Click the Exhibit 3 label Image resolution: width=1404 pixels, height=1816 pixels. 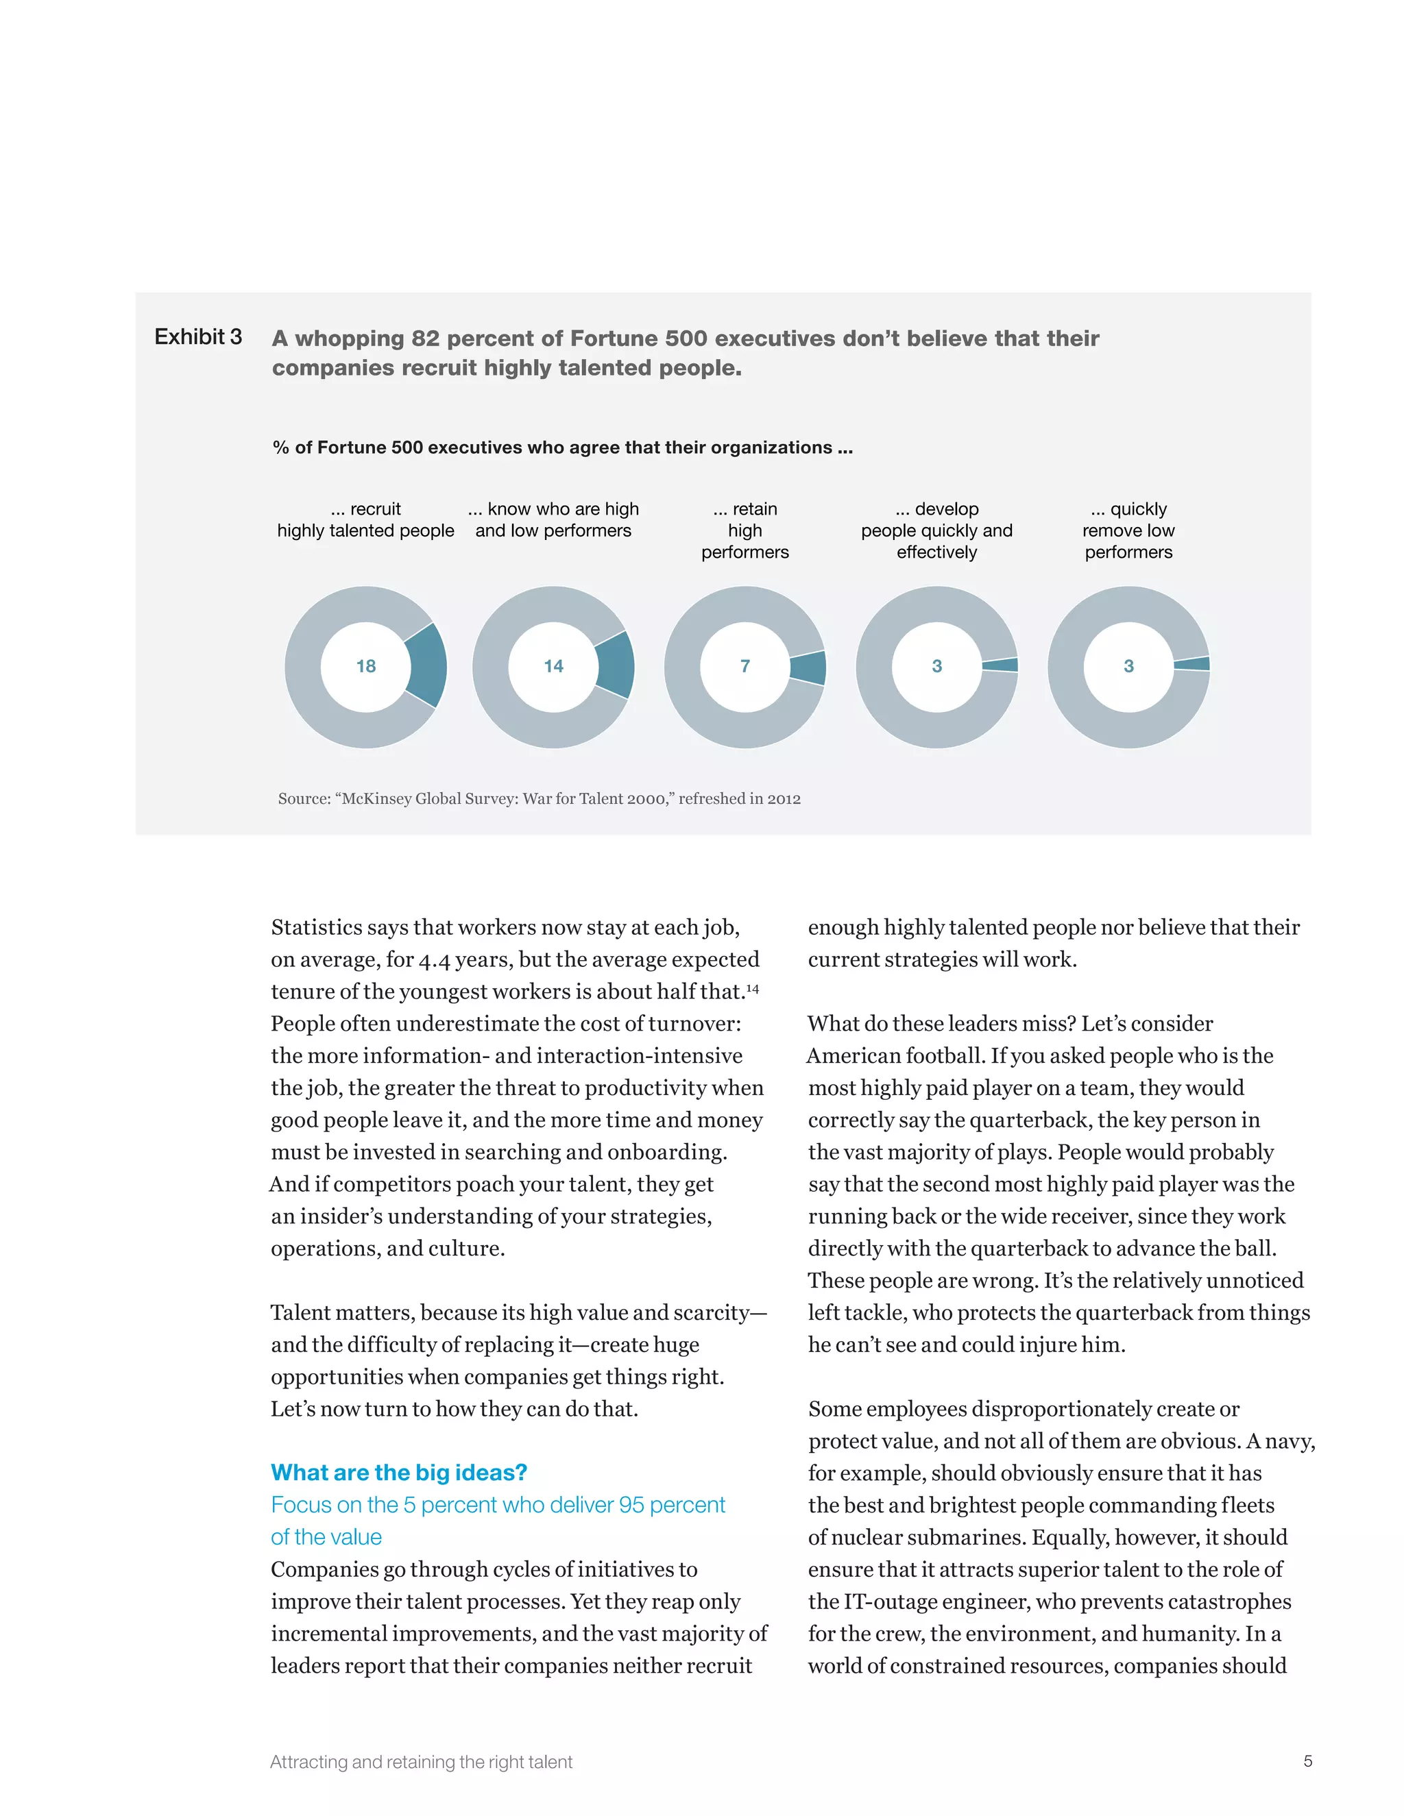tap(198, 336)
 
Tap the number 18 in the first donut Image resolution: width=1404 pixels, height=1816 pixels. tap(366, 666)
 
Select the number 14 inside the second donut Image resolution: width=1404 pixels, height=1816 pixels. tap(553, 666)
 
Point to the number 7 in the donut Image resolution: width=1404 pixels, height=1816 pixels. tap(745, 666)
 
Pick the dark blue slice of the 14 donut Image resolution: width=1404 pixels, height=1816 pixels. tap(616, 665)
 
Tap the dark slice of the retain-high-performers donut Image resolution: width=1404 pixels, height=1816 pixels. tap(808, 667)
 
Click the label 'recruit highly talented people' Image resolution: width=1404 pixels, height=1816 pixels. tap(366, 519)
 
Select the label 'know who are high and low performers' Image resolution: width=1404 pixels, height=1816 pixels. tap(553, 519)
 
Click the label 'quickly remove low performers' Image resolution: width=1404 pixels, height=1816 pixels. tap(1128, 530)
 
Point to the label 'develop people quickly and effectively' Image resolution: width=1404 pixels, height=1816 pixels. tap(936, 530)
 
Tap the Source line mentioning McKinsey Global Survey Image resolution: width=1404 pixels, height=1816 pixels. tap(539, 799)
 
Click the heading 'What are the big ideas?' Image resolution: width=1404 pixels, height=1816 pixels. tap(398, 1473)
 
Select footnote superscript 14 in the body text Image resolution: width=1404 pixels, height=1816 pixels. tap(752, 989)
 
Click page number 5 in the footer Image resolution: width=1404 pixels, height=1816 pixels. tap(1307, 1761)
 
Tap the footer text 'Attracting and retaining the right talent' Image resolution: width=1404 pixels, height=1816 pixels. tap(421, 1762)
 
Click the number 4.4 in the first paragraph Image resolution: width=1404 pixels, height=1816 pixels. tap(436, 960)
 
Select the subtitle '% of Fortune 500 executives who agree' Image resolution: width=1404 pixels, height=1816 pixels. tap(562, 448)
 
